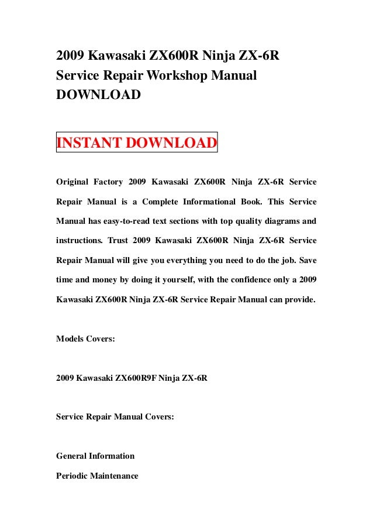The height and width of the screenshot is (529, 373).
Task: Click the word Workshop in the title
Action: tap(176, 76)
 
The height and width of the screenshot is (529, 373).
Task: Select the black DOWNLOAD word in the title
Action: tap(98, 94)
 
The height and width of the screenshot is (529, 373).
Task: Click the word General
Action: tap(71, 456)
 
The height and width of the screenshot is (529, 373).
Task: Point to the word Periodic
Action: tap(71, 476)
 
